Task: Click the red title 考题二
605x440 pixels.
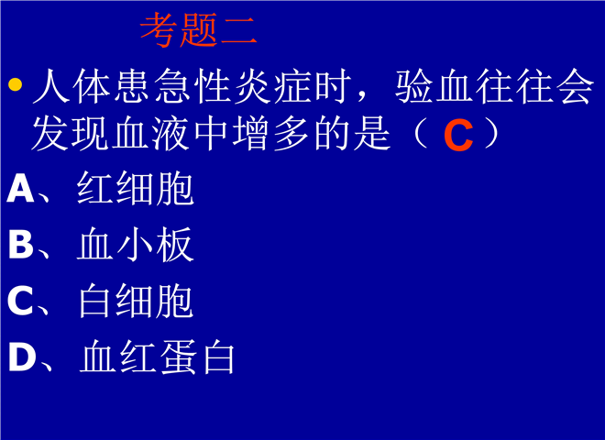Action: point(198,29)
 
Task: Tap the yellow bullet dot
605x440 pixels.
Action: point(15,84)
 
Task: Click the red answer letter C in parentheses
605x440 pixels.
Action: point(458,135)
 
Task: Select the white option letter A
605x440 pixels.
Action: point(21,188)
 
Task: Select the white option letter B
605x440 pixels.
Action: point(21,244)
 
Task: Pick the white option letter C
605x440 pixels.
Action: point(20,301)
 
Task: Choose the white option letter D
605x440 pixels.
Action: point(22,357)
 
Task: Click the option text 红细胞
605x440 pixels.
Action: point(135,188)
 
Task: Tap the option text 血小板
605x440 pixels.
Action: point(135,245)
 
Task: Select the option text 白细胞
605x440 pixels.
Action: point(136,301)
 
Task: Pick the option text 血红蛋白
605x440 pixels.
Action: point(158,357)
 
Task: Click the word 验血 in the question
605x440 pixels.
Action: point(434,86)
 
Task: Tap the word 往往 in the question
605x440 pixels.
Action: point(515,86)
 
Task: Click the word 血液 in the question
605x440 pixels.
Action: point(150,134)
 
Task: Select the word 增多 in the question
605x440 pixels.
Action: point(271,134)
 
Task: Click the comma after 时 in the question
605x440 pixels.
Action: point(363,96)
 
